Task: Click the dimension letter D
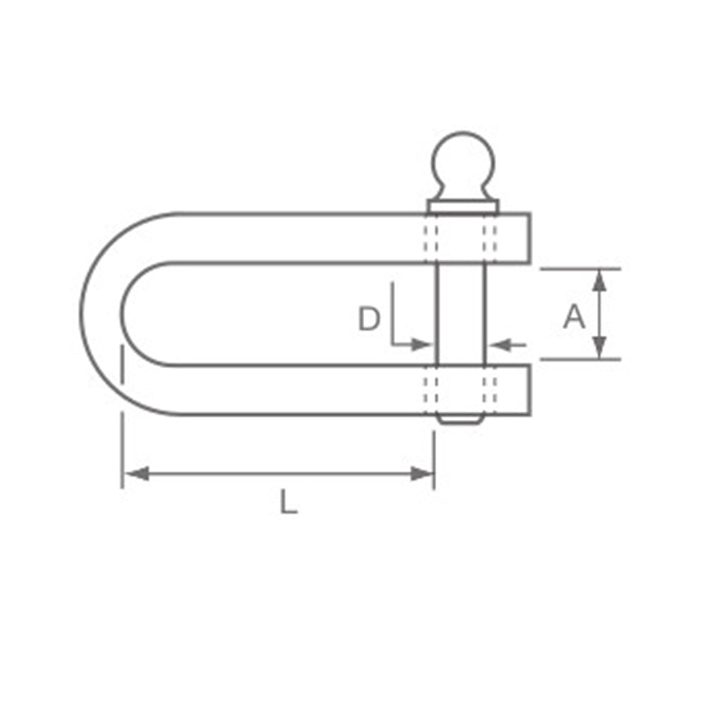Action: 369,319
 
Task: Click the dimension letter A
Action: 574,316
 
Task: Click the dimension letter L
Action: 289,501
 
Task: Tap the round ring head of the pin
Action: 463,164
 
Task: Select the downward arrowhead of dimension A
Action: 599,348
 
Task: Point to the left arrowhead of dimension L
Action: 136,474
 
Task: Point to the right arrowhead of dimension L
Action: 422,474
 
